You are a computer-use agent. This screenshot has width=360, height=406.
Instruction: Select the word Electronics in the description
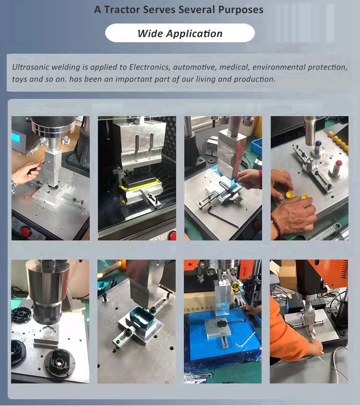(150, 67)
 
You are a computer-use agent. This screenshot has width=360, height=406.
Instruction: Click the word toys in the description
(19, 79)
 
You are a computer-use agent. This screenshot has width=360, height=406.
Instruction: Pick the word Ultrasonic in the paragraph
(31, 67)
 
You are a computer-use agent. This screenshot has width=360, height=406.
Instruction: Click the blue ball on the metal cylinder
(318, 143)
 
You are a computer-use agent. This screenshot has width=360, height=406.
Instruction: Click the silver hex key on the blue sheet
(244, 339)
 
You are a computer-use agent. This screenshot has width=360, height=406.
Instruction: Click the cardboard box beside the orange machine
(288, 275)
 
